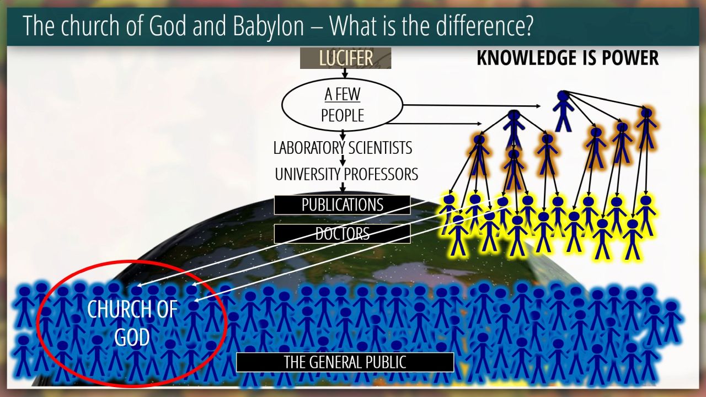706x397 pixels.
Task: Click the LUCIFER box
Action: click(345, 58)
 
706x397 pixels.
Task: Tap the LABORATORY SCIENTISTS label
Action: click(343, 148)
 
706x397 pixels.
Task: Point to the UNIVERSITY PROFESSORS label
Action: click(346, 174)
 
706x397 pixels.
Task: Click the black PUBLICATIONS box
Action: click(343, 205)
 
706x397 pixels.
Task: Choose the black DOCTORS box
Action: click(343, 234)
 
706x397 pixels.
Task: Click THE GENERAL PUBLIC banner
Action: click(345, 362)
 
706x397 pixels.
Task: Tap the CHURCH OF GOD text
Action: click(132, 323)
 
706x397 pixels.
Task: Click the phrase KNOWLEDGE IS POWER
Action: click(568, 58)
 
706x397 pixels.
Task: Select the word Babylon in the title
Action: click(269, 26)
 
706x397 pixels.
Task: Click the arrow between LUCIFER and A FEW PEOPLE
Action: click(345, 73)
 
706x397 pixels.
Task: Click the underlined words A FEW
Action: click(343, 94)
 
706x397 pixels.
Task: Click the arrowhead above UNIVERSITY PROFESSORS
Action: click(343, 163)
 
